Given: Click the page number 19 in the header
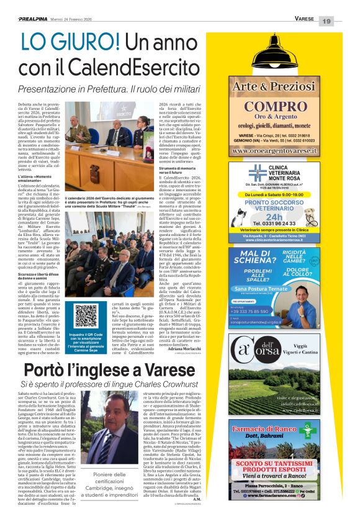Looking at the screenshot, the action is pyautogui.click(x=344, y=20).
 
